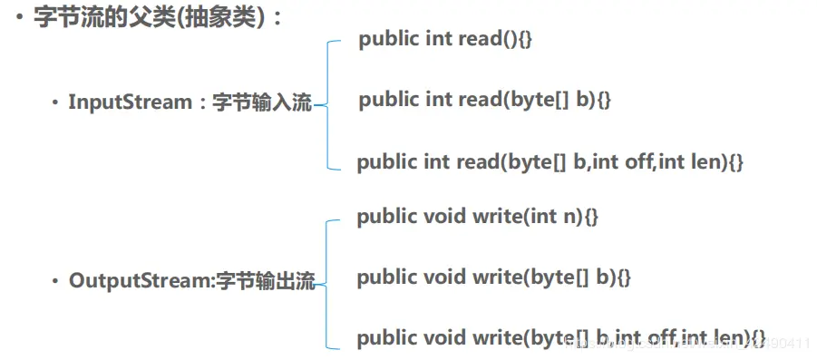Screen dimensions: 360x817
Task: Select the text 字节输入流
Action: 262,102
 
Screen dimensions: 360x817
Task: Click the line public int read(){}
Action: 445,39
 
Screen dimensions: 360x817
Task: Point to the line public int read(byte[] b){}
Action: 485,99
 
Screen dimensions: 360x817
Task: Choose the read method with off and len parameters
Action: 550,162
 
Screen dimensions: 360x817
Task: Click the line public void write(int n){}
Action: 478,217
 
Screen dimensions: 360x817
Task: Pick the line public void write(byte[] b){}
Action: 493,277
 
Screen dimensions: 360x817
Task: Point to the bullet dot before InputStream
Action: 54,103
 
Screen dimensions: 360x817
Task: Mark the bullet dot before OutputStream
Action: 54,282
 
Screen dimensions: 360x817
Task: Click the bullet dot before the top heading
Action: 20,18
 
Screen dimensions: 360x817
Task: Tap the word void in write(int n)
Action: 444,217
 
